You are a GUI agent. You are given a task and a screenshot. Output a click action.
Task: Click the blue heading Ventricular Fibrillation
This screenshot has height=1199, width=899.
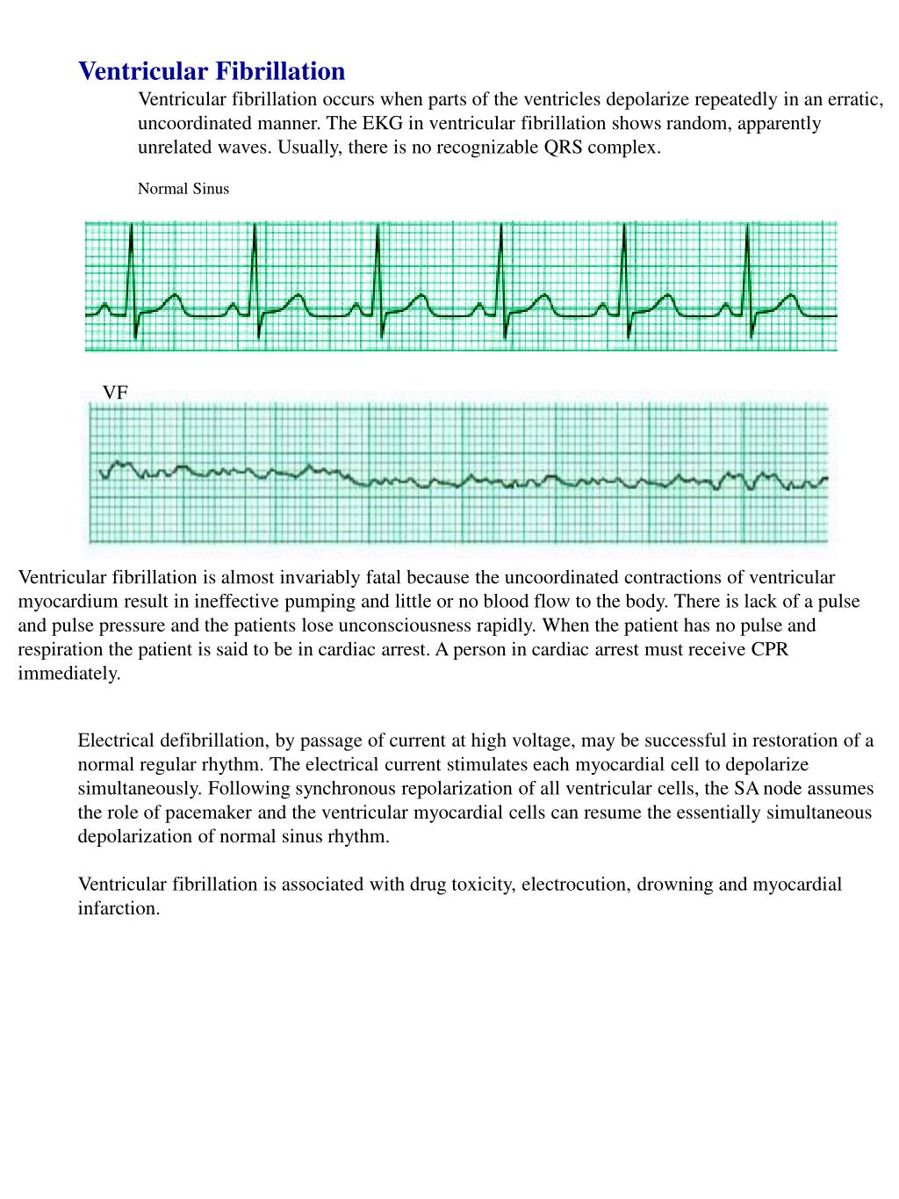pos(212,71)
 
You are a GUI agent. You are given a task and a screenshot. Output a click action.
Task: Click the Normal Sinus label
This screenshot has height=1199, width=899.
pos(183,189)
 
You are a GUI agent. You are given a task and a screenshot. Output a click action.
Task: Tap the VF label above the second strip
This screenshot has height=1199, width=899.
pos(115,393)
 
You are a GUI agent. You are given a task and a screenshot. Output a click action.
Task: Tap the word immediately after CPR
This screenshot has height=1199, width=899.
pos(68,674)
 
